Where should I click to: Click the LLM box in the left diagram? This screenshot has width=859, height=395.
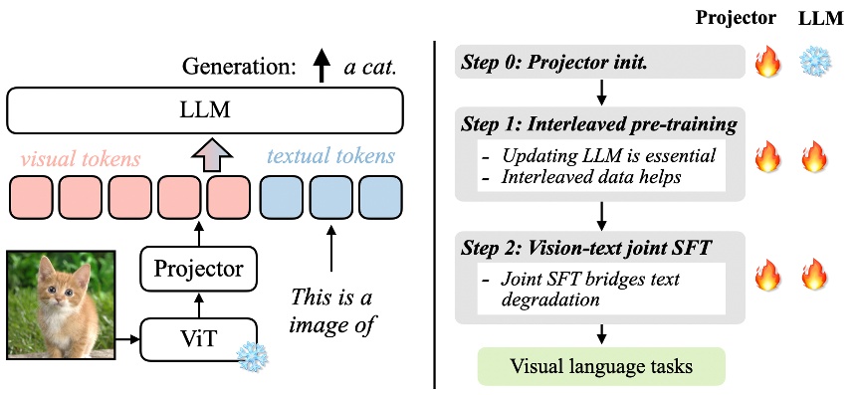tap(204, 110)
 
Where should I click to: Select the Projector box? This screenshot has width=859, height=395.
tap(198, 269)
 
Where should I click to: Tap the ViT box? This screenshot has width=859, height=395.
tap(198, 339)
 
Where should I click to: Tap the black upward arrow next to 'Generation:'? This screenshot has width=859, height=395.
tap(321, 68)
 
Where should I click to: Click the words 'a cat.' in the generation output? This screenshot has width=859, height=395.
tap(370, 69)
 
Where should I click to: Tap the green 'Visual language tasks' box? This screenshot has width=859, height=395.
tap(601, 368)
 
